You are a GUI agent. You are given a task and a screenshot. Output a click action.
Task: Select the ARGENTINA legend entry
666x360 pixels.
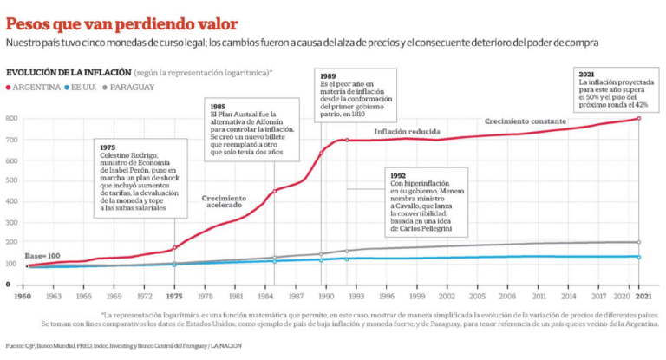(36, 88)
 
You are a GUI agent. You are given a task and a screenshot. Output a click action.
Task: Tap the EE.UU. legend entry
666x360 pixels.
(82, 88)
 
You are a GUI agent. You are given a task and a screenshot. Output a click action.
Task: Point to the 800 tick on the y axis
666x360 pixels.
(13, 118)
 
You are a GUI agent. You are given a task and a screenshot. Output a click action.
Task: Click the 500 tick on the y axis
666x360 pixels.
(13, 175)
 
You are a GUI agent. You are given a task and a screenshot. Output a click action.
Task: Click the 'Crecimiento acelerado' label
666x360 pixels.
(224, 203)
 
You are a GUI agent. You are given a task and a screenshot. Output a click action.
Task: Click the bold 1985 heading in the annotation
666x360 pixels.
(219, 106)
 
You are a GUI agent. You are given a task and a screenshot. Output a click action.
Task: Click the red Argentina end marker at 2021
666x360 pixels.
(639, 118)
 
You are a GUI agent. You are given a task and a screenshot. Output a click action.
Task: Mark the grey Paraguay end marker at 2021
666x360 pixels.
(639, 242)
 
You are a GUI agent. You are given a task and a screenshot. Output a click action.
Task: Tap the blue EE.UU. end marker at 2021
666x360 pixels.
(639, 257)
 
